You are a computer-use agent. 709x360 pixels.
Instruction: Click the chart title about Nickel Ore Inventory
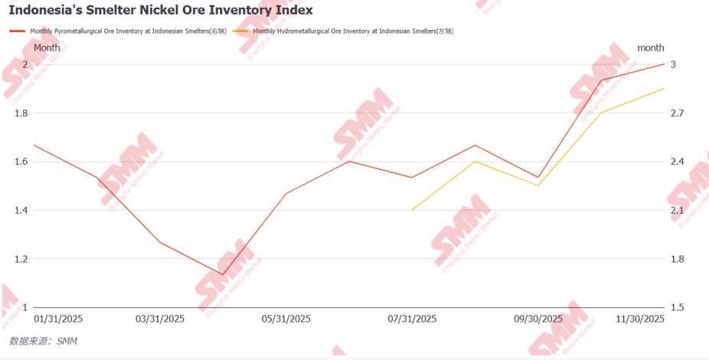(x=161, y=11)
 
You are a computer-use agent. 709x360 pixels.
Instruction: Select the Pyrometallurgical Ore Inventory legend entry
(x=123, y=31)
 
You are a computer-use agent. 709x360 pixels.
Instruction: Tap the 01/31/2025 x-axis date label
(x=59, y=319)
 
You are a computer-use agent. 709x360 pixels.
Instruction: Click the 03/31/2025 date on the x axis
(x=160, y=319)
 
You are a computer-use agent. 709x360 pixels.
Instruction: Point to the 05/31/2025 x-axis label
(x=286, y=319)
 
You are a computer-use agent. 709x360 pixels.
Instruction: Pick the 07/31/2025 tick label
(x=412, y=319)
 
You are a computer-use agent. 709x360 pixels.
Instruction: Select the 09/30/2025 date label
(x=537, y=319)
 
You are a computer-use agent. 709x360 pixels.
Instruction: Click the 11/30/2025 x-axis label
(x=640, y=319)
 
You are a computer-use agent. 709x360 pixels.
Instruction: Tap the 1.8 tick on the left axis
(x=21, y=113)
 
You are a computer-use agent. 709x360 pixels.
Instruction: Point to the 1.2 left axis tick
(x=21, y=259)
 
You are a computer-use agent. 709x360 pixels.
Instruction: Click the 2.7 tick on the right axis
(x=678, y=113)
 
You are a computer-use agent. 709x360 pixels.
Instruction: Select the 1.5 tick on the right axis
(x=678, y=307)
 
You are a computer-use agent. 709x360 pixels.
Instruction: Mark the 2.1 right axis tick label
(x=678, y=211)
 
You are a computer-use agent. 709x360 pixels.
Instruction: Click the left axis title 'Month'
(x=47, y=47)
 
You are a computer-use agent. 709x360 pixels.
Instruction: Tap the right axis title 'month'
(x=651, y=47)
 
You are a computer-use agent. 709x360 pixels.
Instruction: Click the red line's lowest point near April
(x=223, y=274)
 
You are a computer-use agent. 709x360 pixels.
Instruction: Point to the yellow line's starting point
(x=412, y=210)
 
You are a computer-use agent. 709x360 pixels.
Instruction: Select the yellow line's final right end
(x=664, y=88)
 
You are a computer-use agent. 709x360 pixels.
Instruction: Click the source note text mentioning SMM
(x=43, y=341)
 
